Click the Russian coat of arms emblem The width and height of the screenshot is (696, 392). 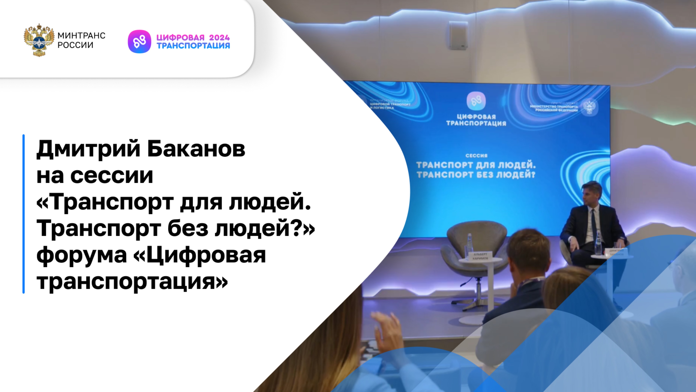39,40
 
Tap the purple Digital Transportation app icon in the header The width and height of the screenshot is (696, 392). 139,41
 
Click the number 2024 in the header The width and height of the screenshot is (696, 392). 219,37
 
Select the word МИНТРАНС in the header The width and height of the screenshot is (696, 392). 81,35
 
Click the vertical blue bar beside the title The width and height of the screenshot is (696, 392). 24,214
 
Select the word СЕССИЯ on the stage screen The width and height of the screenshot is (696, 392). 476,156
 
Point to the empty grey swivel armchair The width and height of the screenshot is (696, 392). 476,244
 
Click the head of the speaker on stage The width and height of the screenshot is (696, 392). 592,193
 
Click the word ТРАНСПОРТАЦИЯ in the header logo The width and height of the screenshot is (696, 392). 193,46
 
